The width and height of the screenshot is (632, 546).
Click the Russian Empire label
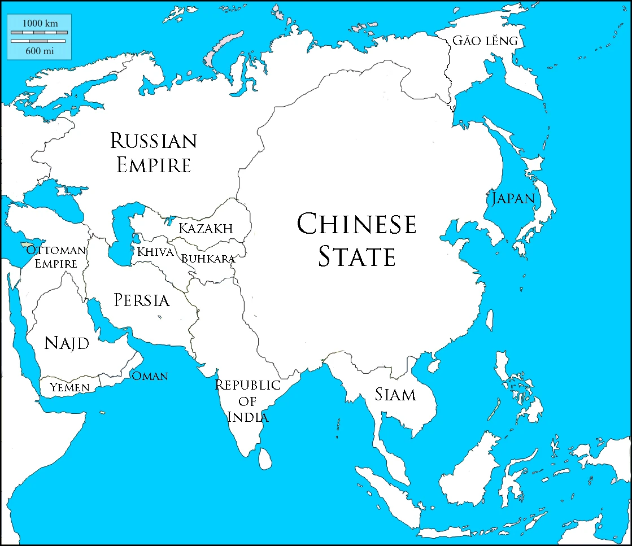pos(154,152)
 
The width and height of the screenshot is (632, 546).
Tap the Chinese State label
pos(356,240)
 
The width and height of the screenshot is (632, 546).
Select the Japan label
pos(513,198)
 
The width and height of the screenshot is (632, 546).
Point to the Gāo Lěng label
pos(485,41)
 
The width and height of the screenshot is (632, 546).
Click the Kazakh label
pos(206,229)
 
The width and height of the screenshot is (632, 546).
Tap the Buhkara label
pos(207,259)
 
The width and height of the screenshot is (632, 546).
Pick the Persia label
pos(141,300)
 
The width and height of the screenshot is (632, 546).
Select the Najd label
pos(67,343)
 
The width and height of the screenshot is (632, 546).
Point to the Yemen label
pos(69,387)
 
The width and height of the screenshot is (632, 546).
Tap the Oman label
pos(150,376)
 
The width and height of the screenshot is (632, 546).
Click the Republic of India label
pos(248,401)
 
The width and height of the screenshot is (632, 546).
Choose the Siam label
pos(395,394)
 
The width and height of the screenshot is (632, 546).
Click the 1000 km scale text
pos(40,23)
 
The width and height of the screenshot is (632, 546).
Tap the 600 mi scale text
pos(40,50)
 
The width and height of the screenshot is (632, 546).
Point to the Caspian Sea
pos(120,231)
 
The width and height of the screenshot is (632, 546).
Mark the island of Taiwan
pos(490,320)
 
